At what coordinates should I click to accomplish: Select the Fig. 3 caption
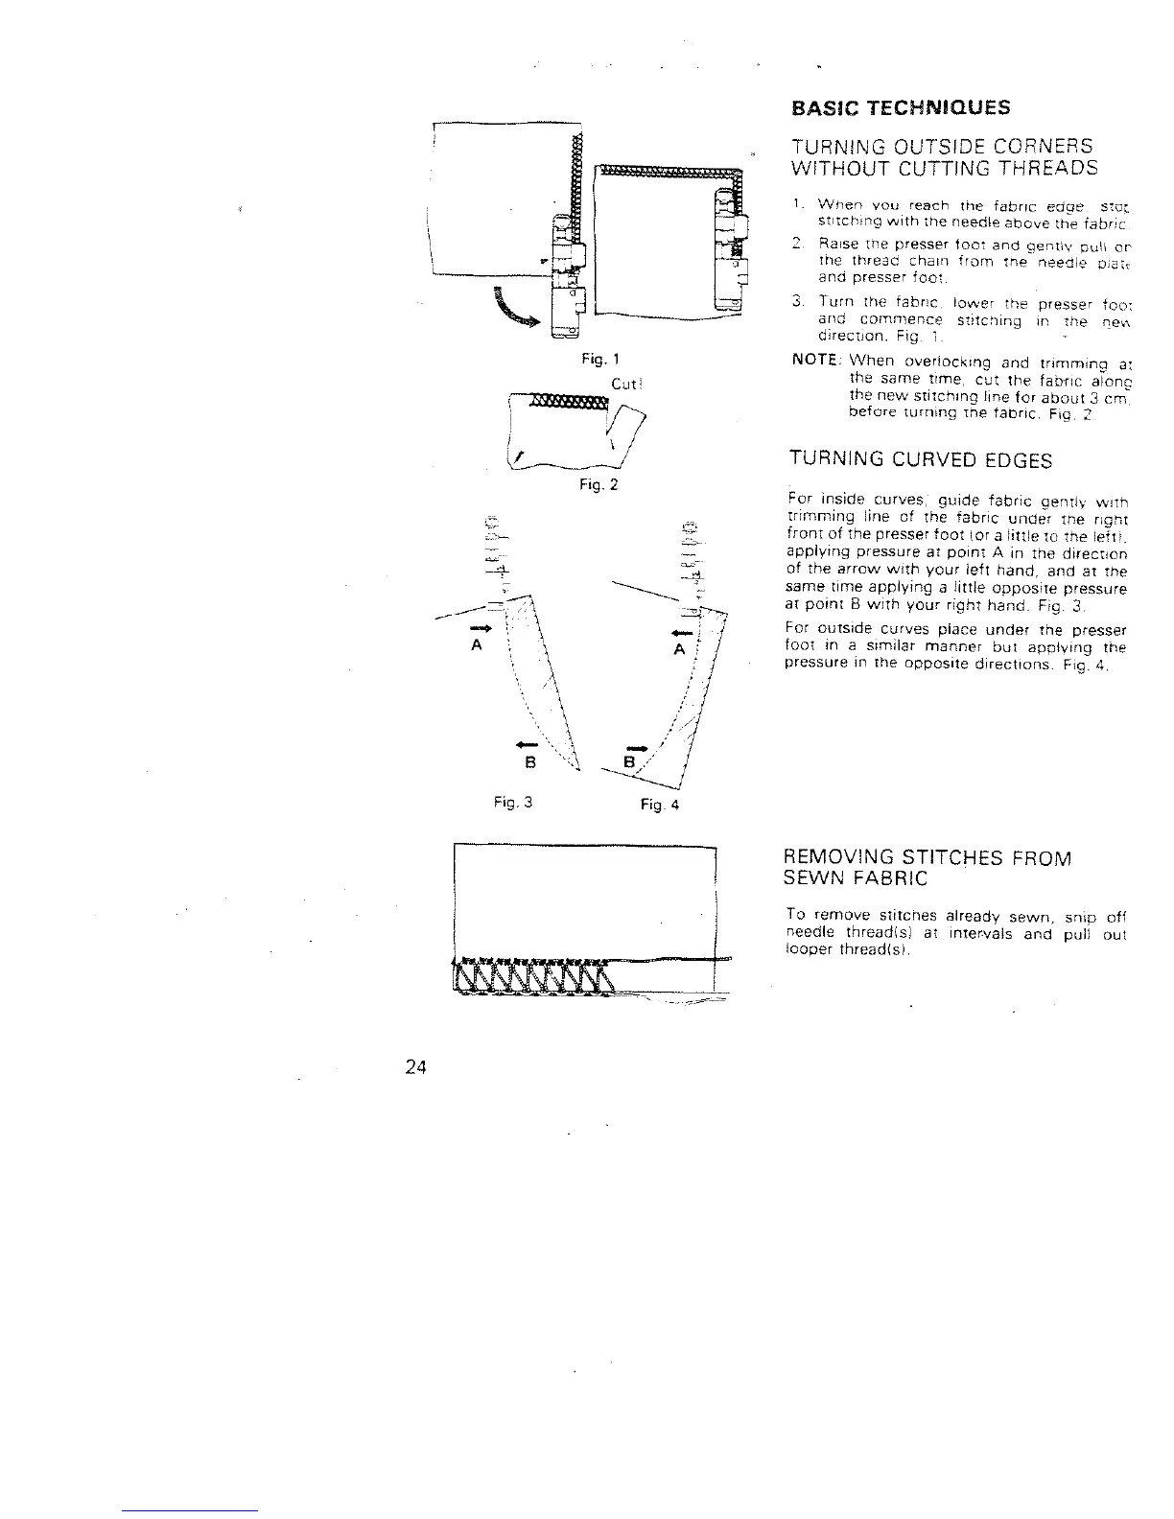tap(515, 804)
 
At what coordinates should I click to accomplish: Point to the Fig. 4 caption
tap(659, 806)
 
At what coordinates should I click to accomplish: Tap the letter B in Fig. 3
tap(527, 764)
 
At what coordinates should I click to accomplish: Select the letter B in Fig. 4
tap(629, 763)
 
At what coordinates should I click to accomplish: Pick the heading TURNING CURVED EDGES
tap(920, 460)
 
